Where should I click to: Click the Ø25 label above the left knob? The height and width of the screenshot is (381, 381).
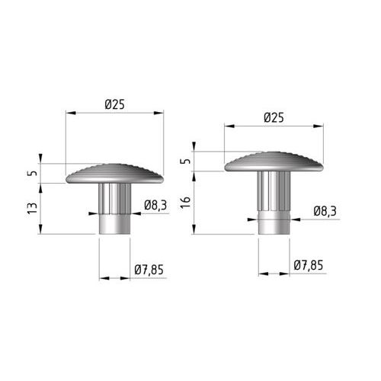[115, 104]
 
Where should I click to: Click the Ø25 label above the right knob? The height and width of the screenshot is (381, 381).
[274, 118]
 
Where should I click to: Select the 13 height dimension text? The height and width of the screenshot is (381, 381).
[32, 208]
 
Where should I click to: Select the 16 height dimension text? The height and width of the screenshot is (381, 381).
[185, 203]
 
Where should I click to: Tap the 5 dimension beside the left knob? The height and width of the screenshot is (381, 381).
[33, 173]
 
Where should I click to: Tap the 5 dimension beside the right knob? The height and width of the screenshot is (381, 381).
[186, 161]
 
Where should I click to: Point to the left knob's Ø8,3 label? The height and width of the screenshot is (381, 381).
[155, 205]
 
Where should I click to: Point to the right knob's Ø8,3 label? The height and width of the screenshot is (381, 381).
[325, 211]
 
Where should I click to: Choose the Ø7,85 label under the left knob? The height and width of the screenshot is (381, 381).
[149, 270]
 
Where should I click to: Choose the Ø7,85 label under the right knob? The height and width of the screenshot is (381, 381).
[309, 265]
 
